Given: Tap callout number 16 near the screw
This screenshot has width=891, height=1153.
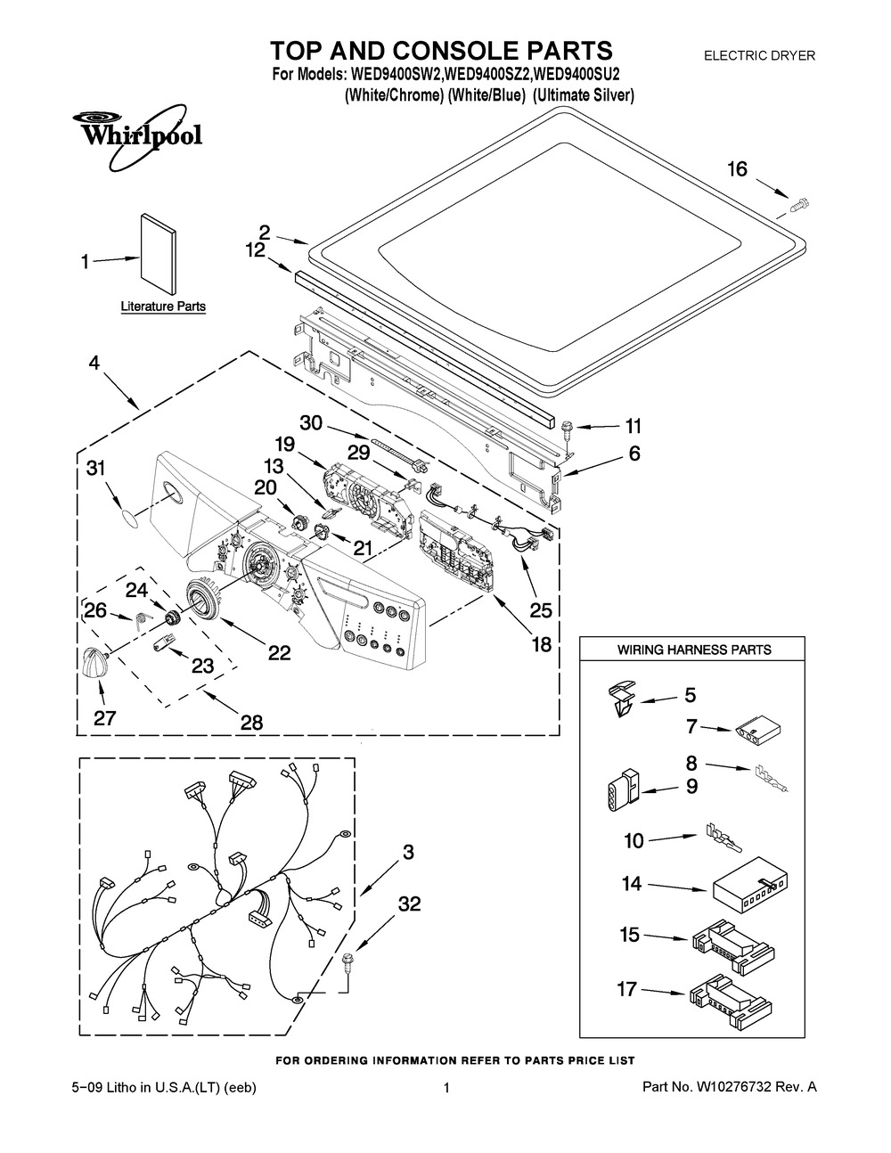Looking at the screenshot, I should coord(738,169).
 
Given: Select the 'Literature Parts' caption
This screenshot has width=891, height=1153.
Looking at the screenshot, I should coord(163,307).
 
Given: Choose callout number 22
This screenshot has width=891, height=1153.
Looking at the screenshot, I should coord(279,653).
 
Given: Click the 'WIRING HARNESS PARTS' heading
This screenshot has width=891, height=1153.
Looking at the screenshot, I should coord(694,650).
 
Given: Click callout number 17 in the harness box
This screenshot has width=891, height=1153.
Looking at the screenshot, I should coord(630,987).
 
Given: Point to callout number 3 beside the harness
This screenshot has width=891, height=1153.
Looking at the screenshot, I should coord(407,853).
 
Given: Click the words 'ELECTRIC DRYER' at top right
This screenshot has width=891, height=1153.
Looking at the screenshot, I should coord(759,55).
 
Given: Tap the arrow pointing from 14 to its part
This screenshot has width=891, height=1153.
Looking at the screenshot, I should coord(676,887).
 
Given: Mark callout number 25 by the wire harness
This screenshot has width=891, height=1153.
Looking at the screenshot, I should coord(541,611).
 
